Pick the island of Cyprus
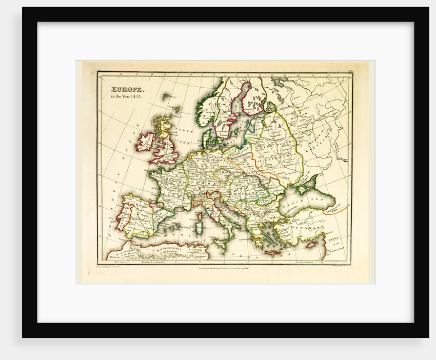pyautogui.click(x=311, y=245)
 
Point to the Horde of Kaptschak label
pyautogui.click(x=328, y=136)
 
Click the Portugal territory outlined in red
pyautogui.click(x=122, y=218)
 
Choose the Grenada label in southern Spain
pyautogui.click(x=138, y=234)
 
